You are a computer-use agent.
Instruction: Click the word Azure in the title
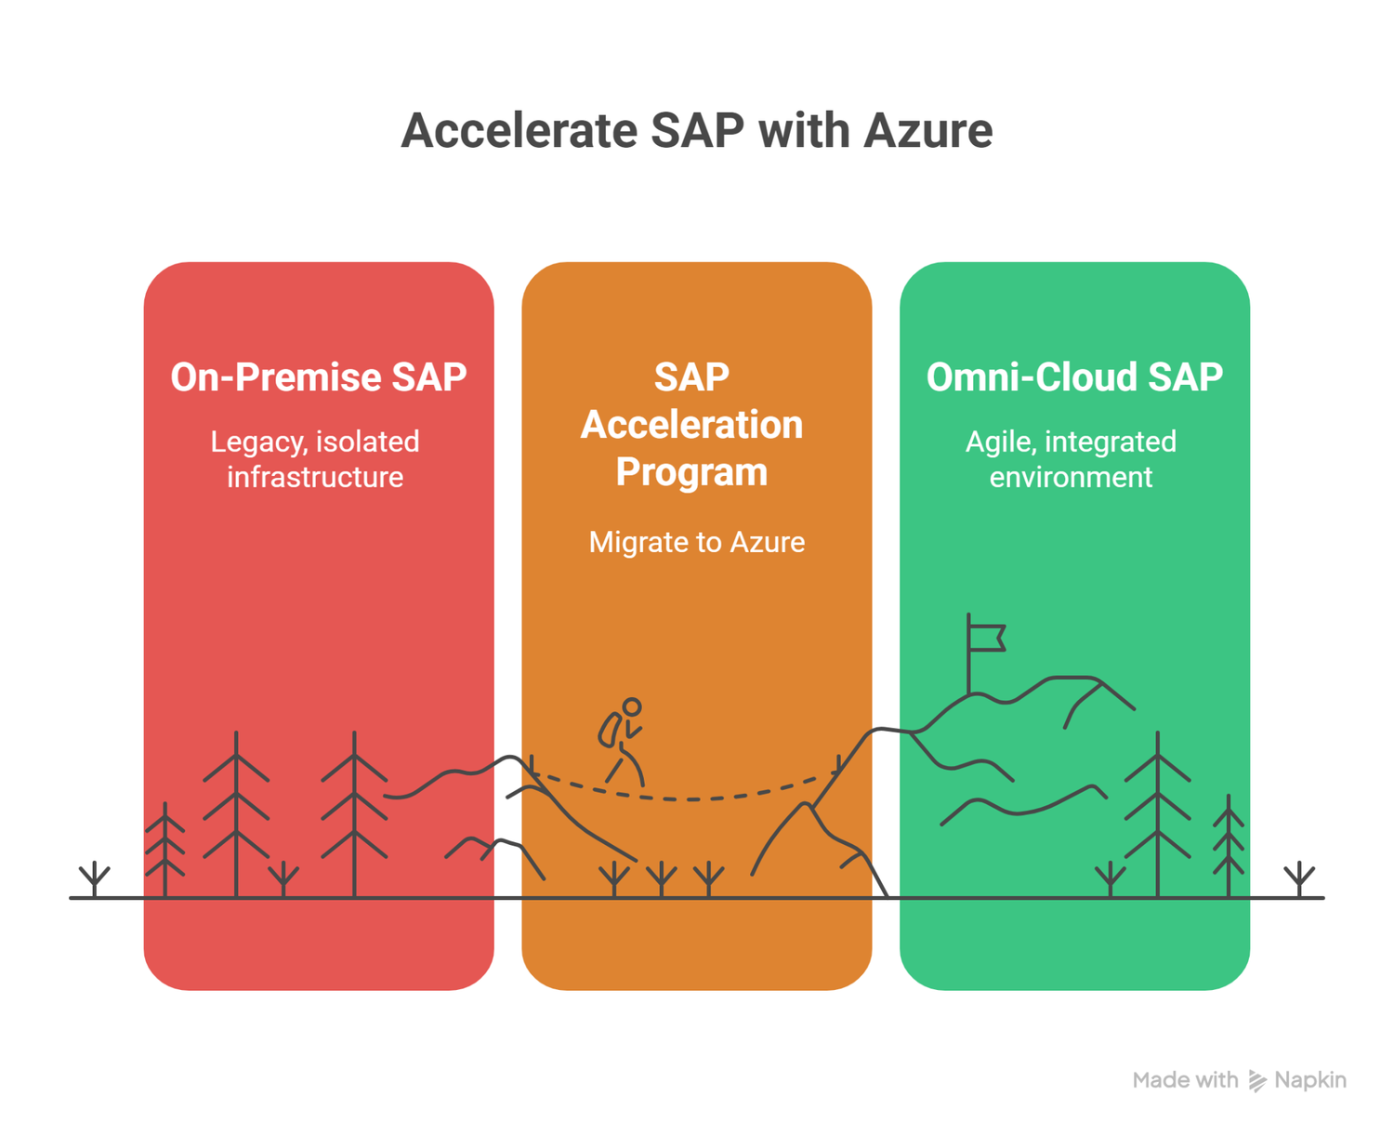pos(927,130)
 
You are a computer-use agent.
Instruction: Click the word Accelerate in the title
pos(518,130)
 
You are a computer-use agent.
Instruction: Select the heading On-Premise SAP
pos(318,377)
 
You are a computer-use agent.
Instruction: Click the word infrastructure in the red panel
pos(315,477)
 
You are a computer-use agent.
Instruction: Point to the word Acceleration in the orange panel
pos(691,425)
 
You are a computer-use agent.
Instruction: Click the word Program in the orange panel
pos(691,472)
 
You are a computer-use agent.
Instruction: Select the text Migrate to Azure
pos(696,542)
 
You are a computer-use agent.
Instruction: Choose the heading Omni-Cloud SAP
pos(1074,377)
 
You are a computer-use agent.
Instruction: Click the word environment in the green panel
pos(1071,477)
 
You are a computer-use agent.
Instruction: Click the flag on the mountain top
pos(986,638)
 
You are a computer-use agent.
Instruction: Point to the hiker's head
pos(632,707)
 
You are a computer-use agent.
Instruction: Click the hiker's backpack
pos(610,731)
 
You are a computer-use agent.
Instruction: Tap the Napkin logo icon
pos(1257,1080)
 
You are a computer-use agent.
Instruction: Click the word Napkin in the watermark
pos(1310,1080)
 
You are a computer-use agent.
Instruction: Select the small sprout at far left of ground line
pos(95,878)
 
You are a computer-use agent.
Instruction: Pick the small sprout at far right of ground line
pos(1299,878)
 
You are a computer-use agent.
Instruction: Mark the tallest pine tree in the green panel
pos(1158,813)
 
